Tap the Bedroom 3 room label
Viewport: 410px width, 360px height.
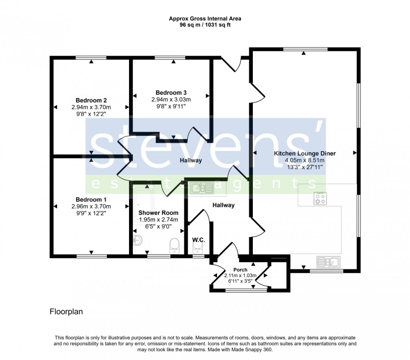click(171, 92)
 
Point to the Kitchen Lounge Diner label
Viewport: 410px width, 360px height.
click(304, 153)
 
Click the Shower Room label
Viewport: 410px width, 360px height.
click(158, 213)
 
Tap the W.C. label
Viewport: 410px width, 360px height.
click(199, 240)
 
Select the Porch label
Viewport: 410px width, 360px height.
click(240, 270)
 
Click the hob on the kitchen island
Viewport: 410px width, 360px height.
click(320, 198)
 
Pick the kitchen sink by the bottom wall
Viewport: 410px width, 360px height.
click(328, 262)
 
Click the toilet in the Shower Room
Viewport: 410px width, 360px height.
click(174, 244)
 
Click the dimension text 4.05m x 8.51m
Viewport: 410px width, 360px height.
click(304, 160)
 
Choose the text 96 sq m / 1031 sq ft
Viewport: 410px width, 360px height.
click(205, 25)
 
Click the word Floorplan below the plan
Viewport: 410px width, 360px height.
click(66, 311)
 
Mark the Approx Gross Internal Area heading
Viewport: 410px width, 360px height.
click(205, 18)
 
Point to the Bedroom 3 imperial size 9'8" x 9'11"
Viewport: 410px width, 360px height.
click(171, 106)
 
